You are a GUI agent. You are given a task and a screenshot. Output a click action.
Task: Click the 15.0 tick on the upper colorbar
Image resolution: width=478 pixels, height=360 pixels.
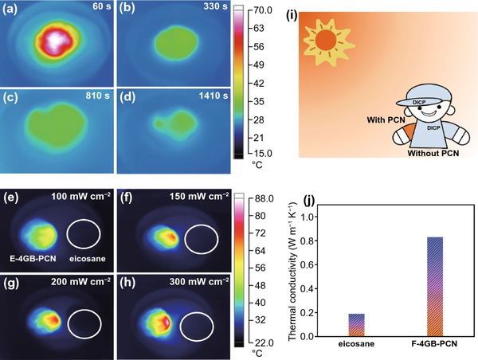[x=262, y=153]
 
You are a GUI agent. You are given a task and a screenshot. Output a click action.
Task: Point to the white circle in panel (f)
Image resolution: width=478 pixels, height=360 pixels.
[x=201, y=238]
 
